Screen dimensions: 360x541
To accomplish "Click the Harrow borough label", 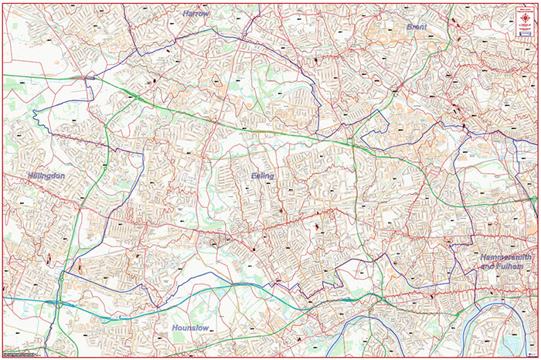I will (196, 14).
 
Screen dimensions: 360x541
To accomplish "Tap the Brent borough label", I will (417, 26).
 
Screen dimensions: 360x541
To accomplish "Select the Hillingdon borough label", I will (46, 176).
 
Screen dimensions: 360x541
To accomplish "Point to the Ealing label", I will (263, 176).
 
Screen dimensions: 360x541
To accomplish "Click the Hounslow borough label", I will (191, 328).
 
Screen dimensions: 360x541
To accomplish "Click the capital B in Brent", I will (410, 26).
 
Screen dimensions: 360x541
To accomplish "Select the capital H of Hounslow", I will (175, 328).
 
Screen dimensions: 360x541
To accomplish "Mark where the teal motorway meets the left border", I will (3, 297).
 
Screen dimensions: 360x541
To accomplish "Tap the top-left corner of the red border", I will (2, 3).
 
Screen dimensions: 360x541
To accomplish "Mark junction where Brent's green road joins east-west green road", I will (352, 141).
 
